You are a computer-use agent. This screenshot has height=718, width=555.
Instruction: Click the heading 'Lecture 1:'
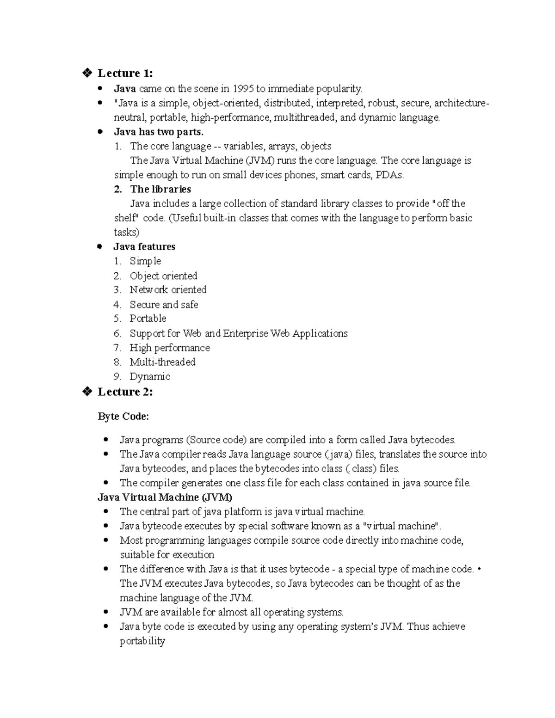click(x=125, y=73)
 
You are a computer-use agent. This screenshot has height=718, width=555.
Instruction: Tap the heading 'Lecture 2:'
click(x=125, y=392)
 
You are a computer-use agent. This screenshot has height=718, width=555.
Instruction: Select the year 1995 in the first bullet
click(x=243, y=88)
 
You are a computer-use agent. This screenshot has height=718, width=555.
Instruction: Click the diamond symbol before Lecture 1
click(x=86, y=73)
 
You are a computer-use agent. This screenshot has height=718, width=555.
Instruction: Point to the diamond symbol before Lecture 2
click(x=86, y=392)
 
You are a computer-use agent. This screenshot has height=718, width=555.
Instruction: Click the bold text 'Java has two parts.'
click(x=159, y=132)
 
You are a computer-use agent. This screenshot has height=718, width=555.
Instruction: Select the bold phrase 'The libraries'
click(x=160, y=189)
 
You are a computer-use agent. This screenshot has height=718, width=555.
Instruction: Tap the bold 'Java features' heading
click(x=144, y=246)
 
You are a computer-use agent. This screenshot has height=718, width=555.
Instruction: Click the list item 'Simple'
click(x=145, y=261)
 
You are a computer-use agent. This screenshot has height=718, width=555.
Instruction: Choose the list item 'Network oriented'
click(x=168, y=290)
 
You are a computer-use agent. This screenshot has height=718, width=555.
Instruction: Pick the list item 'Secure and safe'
click(x=164, y=305)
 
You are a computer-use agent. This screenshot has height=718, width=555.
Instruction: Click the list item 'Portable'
click(x=148, y=319)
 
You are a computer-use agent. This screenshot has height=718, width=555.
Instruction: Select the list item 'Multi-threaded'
click(x=162, y=362)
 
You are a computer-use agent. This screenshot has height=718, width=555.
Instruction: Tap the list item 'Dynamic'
click(x=149, y=377)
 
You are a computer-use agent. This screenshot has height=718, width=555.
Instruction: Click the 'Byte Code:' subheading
click(x=123, y=417)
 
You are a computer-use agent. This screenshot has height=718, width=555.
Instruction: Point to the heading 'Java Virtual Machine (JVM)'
click(x=165, y=497)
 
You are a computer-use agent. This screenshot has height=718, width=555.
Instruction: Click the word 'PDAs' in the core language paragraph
click(x=390, y=175)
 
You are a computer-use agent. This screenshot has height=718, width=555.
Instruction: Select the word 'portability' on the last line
click(x=142, y=641)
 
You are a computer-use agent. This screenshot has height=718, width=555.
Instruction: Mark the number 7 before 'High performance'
click(x=117, y=348)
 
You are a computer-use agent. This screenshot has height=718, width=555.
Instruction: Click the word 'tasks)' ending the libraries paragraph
click(x=126, y=232)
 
